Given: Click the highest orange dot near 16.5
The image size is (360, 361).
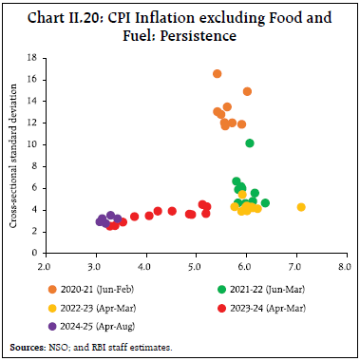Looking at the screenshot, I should click(218, 74).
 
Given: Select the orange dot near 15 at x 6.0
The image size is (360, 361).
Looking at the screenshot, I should click(247, 91).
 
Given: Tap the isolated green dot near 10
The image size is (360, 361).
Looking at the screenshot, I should click(250, 143).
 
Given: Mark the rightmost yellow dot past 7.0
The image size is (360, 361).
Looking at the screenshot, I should click(301, 207).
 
